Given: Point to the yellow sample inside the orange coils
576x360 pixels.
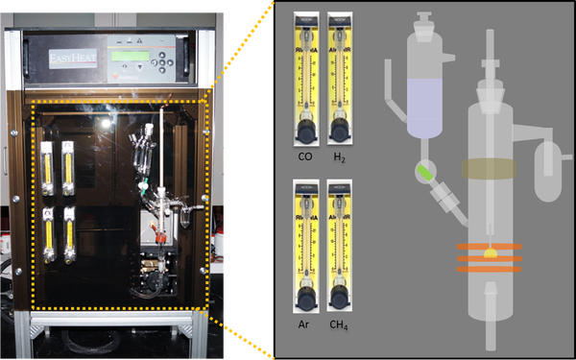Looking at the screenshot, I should [490, 255].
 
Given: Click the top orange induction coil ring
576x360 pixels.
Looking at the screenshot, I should [490, 248].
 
